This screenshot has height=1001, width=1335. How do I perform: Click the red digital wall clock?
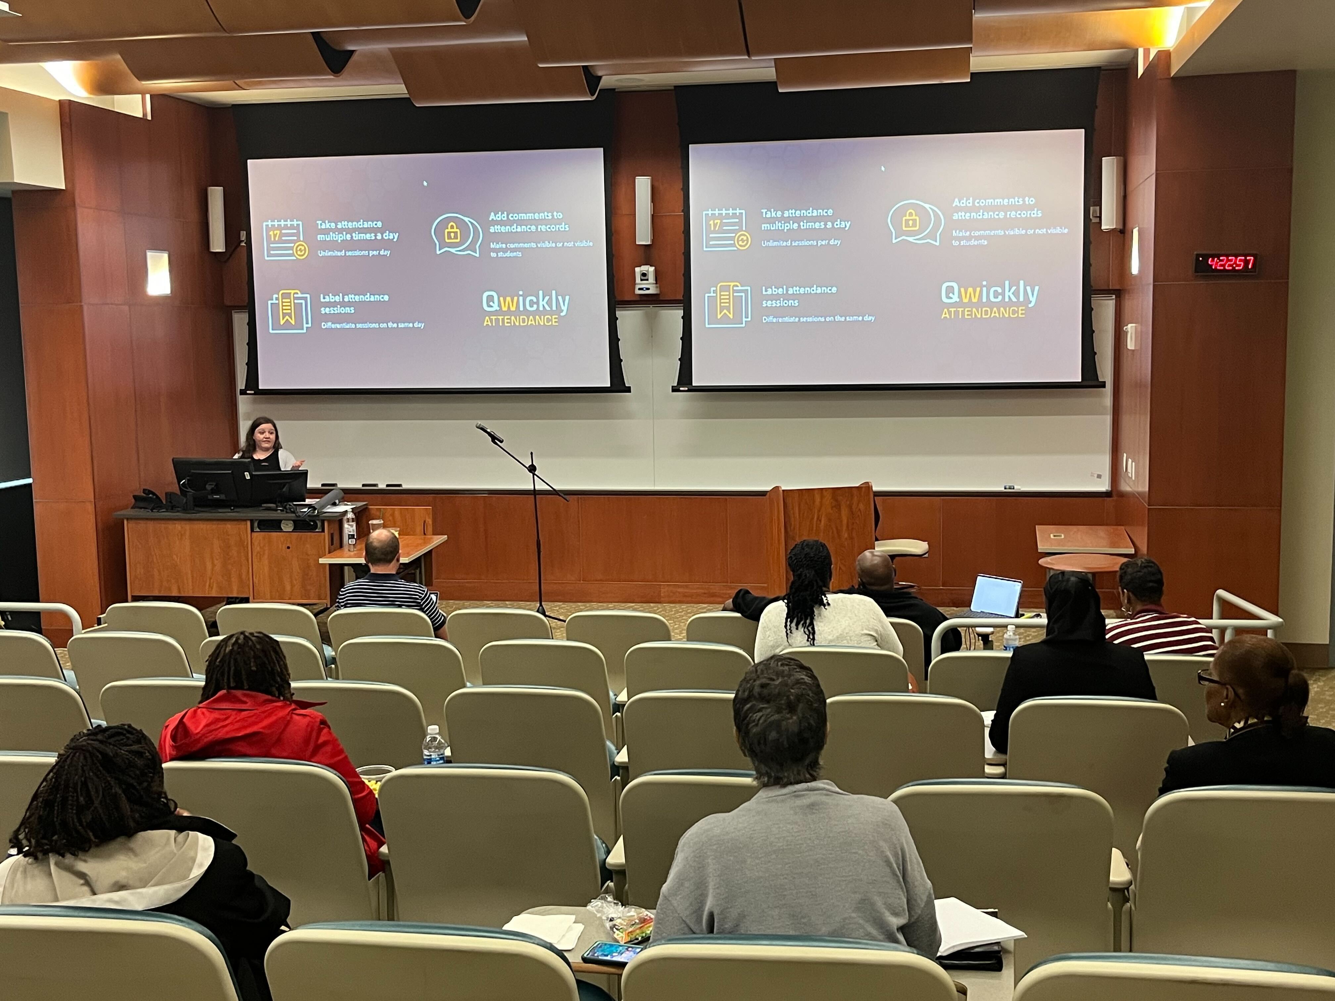pyautogui.click(x=1226, y=263)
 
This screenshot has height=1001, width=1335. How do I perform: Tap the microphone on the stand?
pyautogui.click(x=489, y=432)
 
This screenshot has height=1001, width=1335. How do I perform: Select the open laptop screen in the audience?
pyautogui.click(x=997, y=596)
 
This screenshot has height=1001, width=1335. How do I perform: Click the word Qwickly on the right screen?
pyautogui.click(x=990, y=294)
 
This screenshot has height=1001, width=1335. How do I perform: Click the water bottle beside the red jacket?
pyautogui.click(x=434, y=746)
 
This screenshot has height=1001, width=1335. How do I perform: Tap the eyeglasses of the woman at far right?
pyautogui.click(x=1213, y=679)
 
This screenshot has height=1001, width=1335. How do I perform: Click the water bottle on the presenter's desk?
pyautogui.click(x=350, y=531)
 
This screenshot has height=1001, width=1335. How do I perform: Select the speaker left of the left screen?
pyautogui.click(x=216, y=219)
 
